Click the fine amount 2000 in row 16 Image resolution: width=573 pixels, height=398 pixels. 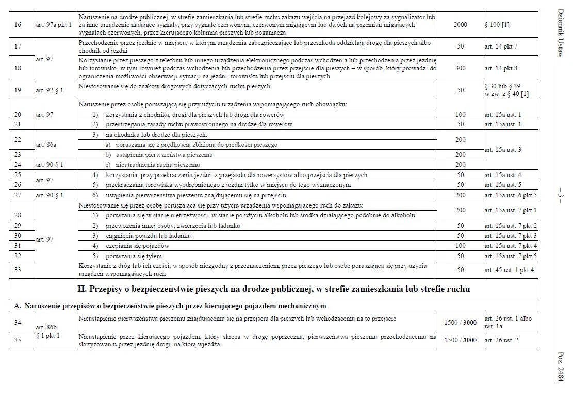click(x=460, y=24)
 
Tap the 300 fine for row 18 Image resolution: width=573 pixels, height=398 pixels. click(x=460, y=68)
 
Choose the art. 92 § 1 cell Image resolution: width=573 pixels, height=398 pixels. click(x=50, y=90)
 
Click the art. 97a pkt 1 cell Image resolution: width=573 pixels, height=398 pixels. click(x=54, y=24)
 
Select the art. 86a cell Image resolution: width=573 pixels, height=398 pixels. click(x=46, y=145)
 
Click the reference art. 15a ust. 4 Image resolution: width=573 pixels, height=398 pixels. click(x=503, y=176)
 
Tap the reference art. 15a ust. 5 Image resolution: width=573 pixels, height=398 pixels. click(x=503, y=185)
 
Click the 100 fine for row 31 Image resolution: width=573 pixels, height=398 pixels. click(x=460, y=246)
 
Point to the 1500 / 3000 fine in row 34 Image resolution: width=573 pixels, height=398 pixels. click(x=460, y=323)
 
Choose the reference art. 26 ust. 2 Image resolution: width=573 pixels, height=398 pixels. click(x=501, y=340)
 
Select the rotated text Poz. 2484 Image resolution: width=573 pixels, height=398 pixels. click(x=561, y=367)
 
